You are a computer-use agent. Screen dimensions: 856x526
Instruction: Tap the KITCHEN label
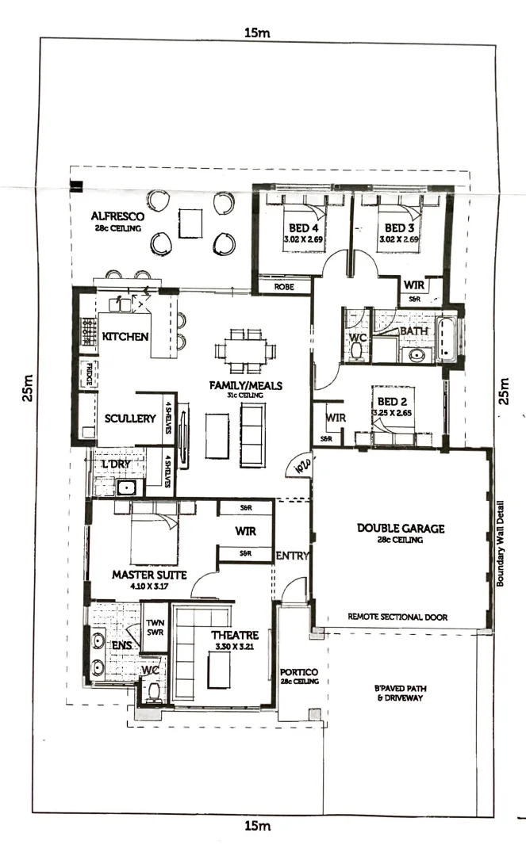(x=125, y=337)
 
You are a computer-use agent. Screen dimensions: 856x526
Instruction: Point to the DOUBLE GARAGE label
(x=400, y=528)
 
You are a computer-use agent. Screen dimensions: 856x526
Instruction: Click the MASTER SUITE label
(x=149, y=575)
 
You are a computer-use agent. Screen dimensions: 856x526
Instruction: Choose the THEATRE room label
(x=236, y=635)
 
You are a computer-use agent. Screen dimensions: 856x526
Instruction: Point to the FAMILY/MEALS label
(x=245, y=386)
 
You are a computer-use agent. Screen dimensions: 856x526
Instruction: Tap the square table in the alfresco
(x=190, y=221)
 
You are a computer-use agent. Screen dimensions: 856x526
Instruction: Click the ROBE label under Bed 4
(x=284, y=288)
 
